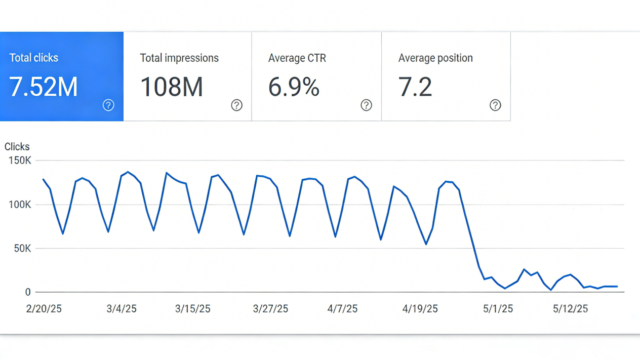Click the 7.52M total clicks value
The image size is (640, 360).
coord(44,87)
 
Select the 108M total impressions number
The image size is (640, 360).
coord(172,87)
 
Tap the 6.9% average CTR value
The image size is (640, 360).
coord(294,87)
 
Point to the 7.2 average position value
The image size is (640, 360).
coord(415,87)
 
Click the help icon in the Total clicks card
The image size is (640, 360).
coord(108,105)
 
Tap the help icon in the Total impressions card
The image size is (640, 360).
coord(236,105)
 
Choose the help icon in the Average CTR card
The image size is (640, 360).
coord(366,105)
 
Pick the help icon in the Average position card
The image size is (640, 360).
coord(495,105)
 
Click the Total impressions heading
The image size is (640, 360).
coord(179,58)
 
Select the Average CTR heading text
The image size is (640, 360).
coord(297,58)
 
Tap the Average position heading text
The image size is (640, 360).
coord(435,58)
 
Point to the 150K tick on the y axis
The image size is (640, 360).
coord(20,161)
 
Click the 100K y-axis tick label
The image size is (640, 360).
coord(20,205)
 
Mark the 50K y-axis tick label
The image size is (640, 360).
coord(22,249)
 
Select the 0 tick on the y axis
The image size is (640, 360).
coord(28,292)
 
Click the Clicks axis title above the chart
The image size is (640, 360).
coord(17,147)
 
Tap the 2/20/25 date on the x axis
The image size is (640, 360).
coord(44,309)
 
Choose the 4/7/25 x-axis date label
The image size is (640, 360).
coord(342,309)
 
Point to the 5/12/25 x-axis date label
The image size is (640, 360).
coord(570,309)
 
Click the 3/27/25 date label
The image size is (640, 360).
coord(270,309)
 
